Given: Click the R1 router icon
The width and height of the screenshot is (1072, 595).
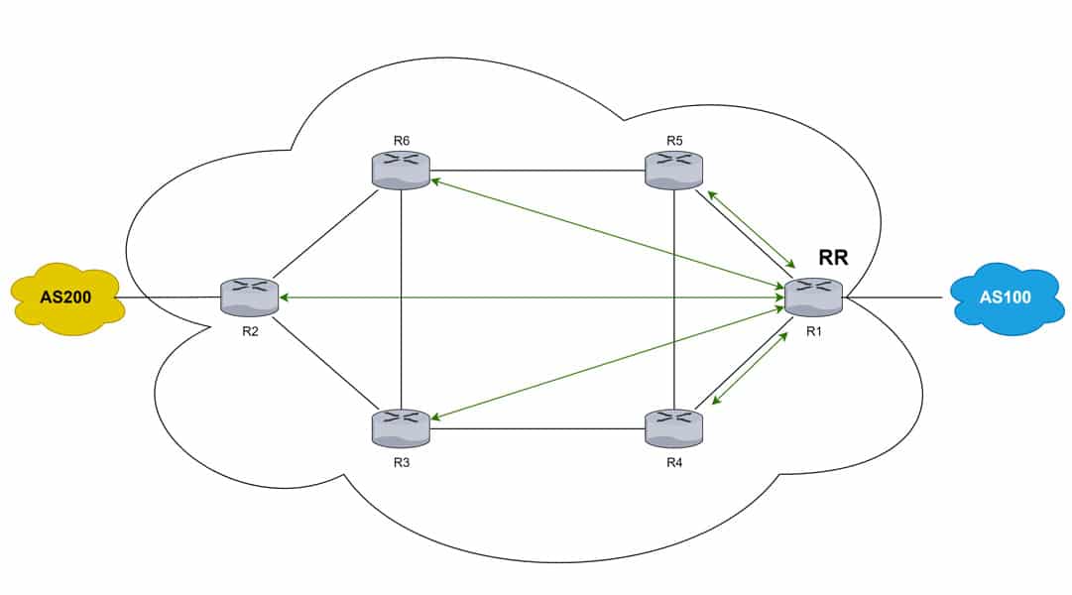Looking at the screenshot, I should click(813, 297).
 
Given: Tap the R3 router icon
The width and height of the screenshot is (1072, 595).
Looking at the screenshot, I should click(401, 426).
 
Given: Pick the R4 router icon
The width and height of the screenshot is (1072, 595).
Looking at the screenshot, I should click(674, 426).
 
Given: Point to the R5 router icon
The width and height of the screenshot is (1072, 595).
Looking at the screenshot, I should click(674, 170).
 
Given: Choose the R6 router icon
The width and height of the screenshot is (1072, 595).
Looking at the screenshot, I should click(401, 170).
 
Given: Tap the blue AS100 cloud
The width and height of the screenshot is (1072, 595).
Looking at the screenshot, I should click(1006, 297).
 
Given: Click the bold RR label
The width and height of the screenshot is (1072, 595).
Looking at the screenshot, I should click(833, 258).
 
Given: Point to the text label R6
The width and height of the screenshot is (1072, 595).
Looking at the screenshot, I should click(402, 140).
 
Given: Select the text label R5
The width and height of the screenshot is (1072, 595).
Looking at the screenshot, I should click(674, 140).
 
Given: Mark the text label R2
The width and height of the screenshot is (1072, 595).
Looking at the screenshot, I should click(250, 330).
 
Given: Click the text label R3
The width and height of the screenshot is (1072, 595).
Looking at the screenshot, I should click(401, 459).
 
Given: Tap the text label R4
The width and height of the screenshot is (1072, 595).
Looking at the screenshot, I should click(674, 459).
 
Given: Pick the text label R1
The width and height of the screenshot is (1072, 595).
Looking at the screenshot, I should click(813, 331).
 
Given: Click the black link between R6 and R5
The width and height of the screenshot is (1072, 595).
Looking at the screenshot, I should click(536, 170).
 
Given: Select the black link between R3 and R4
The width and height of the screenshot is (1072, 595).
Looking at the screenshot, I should click(536, 428).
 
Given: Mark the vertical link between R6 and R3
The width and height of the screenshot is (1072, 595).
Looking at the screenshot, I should click(401, 297).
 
